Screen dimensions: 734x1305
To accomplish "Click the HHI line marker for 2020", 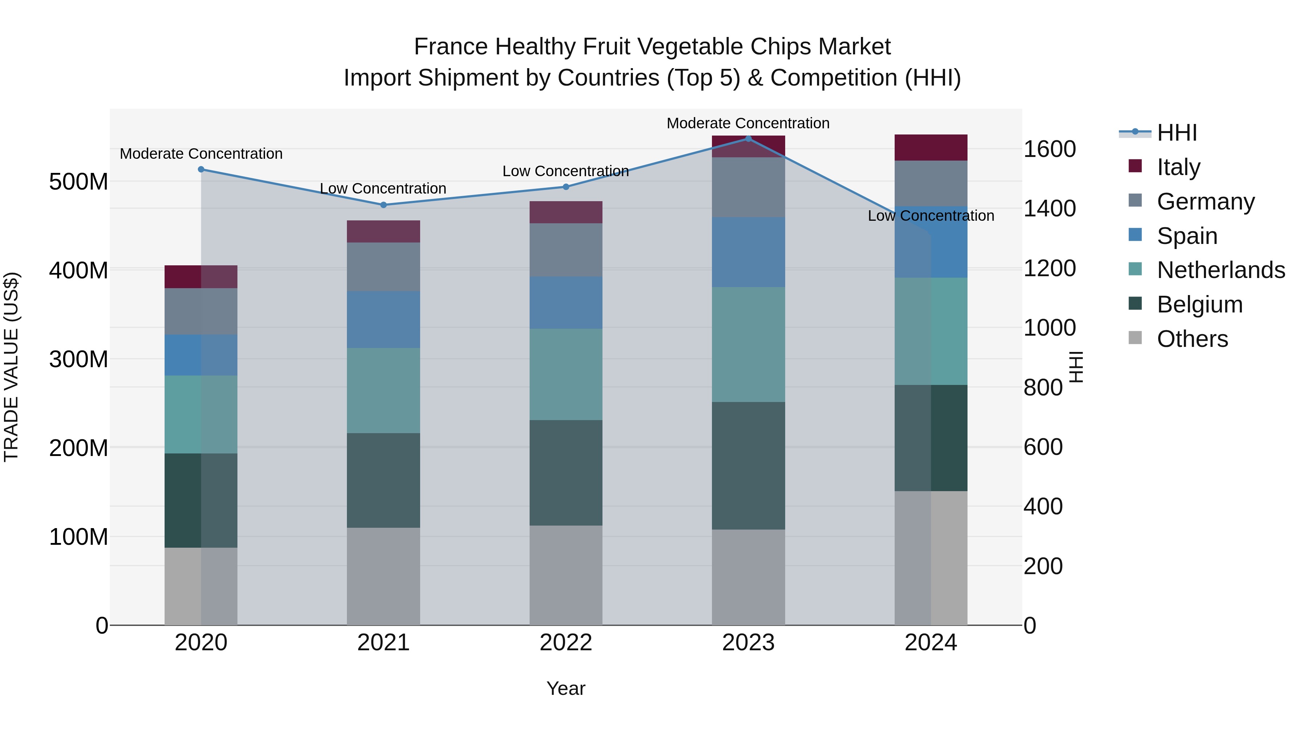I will pyautogui.click(x=201, y=169).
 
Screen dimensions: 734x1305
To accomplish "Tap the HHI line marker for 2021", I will pyautogui.click(x=384, y=205).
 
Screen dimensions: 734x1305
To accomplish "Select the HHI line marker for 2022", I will pyautogui.click(x=566, y=187).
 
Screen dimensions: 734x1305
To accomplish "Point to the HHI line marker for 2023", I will pyautogui.click(x=748, y=138).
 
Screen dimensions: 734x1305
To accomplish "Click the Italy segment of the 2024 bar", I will pyautogui.click(x=931, y=148).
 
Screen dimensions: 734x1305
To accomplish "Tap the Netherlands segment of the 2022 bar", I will pyautogui.click(x=566, y=374).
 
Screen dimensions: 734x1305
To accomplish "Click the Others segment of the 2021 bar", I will pyautogui.click(x=384, y=576).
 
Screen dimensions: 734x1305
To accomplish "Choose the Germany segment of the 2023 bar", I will pyautogui.click(x=748, y=187).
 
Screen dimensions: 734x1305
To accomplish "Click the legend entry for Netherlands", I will pyautogui.click(x=1221, y=270).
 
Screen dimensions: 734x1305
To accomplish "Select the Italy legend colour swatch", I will pyautogui.click(x=1135, y=166).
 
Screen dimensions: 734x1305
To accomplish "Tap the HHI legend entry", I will pyautogui.click(x=1177, y=133).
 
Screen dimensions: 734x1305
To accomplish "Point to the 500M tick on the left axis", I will pyautogui.click(x=79, y=181).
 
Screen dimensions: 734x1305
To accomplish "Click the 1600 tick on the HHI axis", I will pyautogui.click(x=1050, y=149).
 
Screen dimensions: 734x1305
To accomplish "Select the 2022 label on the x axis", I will pyautogui.click(x=566, y=643).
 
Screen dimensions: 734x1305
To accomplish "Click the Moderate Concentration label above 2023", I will pyautogui.click(x=748, y=123).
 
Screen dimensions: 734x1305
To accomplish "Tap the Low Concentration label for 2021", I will pyautogui.click(x=383, y=188).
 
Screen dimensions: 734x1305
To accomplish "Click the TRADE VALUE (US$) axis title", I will pyautogui.click(x=11, y=367).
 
